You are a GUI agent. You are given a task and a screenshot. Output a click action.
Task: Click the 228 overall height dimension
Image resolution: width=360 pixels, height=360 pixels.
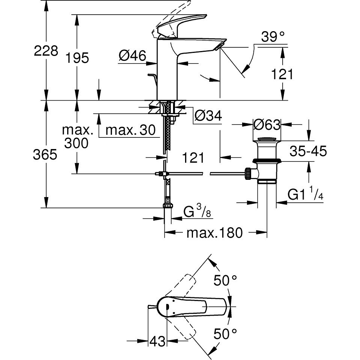pyautogui.click(x=46, y=51)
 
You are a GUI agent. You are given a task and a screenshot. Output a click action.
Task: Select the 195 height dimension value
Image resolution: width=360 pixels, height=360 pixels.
pyautogui.click(x=77, y=58)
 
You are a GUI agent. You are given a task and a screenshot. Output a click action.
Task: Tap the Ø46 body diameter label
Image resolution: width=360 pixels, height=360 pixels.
pyautogui.click(x=133, y=56)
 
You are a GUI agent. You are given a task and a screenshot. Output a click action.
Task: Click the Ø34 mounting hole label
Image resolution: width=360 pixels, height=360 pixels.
pyautogui.click(x=208, y=116)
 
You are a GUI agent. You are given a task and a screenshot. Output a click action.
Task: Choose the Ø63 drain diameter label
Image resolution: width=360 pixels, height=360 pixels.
pyautogui.click(x=267, y=125)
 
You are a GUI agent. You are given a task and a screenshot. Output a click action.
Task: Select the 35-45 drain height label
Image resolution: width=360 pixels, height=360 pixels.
pyautogui.click(x=308, y=151)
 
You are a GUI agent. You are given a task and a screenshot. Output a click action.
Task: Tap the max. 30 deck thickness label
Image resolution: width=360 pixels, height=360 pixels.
pyautogui.click(x=130, y=130)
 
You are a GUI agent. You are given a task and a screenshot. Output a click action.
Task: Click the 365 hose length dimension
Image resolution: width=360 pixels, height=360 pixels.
pyautogui.click(x=45, y=155)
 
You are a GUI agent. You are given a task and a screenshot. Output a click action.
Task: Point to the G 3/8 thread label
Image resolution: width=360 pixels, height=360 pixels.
pyautogui.click(x=197, y=211)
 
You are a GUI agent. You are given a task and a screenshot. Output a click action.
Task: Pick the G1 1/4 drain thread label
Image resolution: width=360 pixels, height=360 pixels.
pyautogui.click(x=305, y=194)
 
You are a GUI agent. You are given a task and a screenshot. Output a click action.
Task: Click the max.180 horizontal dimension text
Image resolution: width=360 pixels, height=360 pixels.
pyautogui.click(x=215, y=233)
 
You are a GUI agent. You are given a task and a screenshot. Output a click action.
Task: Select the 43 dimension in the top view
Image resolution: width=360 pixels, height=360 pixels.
pyautogui.click(x=158, y=341)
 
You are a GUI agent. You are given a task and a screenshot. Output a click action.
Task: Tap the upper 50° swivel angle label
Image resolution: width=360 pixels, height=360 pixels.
pyautogui.click(x=225, y=280)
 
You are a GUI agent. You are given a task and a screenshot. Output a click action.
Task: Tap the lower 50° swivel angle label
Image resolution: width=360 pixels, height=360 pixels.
pyautogui.click(x=225, y=334)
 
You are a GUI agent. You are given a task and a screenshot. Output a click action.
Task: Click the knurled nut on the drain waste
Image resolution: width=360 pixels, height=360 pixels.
pyautogui.click(x=248, y=174)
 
